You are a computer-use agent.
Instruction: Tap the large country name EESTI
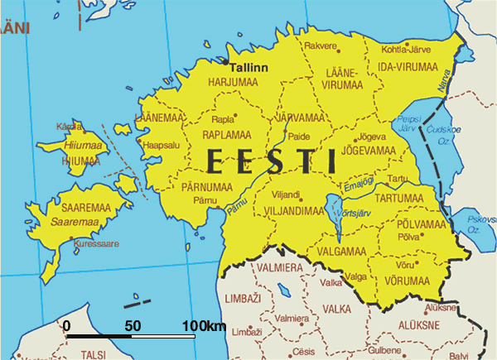click(273, 160)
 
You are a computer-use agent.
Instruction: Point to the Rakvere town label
click(321, 46)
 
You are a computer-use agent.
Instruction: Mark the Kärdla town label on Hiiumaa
click(64, 127)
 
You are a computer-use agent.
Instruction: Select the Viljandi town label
click(285, 195)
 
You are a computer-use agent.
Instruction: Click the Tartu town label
click(398, 179)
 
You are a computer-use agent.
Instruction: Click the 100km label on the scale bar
click(205, 326)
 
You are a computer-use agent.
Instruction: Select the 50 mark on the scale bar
click(133, 326)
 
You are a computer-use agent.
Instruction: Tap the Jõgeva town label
click(370, 136)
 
